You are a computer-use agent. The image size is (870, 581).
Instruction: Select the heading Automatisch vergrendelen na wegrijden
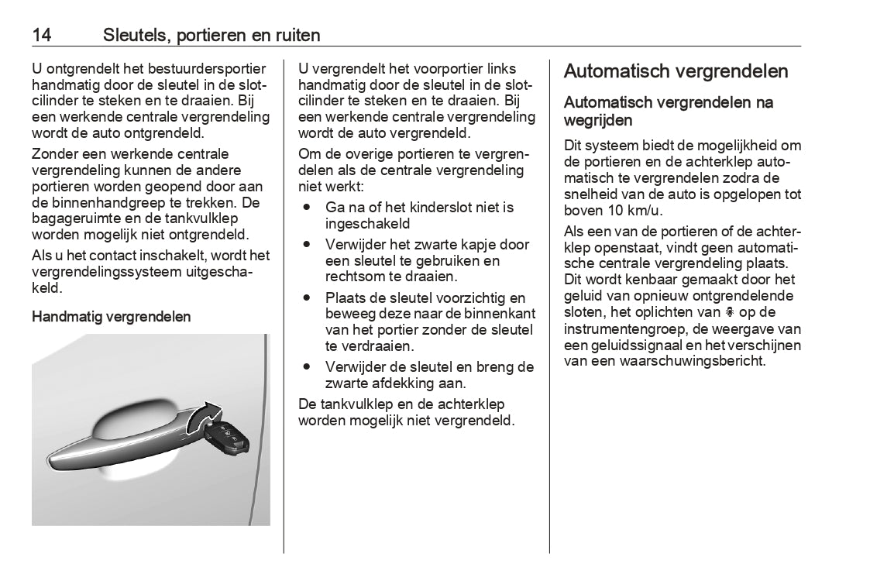668,111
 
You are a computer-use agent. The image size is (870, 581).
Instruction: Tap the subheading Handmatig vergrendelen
111,316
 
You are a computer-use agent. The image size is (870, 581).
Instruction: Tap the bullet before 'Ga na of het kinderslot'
308,208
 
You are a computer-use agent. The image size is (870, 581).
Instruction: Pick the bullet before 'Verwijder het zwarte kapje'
308,244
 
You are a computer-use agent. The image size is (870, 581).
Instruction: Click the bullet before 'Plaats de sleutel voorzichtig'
308,297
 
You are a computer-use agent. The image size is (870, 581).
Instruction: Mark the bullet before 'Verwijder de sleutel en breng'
308,366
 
